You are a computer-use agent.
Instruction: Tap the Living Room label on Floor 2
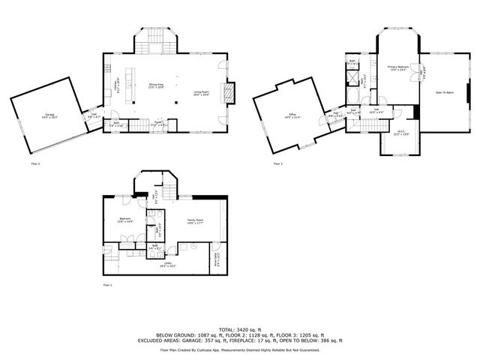(200, 92)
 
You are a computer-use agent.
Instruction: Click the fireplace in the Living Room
(233, 91)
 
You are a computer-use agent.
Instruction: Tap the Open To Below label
(445, 92)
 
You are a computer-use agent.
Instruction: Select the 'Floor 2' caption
(35, 163)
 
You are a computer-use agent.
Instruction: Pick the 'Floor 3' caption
(277, 163)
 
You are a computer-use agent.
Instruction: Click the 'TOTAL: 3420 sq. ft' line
(240, 328)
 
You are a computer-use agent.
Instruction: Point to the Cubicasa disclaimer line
(240, 349)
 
